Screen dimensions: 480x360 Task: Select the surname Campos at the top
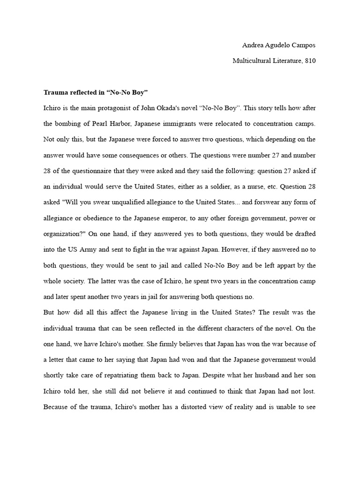[304, 45]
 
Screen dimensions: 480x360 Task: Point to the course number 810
[310, 61]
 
